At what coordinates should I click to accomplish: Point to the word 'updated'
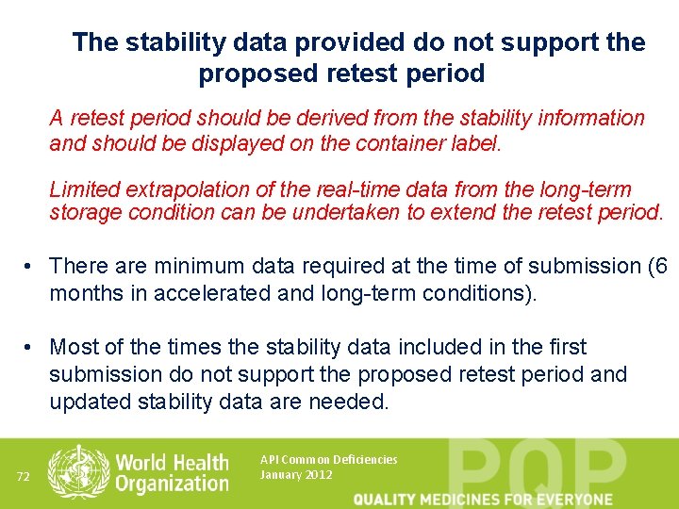[91, 402]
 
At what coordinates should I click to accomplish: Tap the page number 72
[24, 476]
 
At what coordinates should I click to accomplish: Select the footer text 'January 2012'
[295, 475]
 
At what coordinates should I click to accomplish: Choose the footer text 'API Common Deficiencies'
[328, 460]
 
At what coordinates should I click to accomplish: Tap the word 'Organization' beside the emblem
[172, 484]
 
